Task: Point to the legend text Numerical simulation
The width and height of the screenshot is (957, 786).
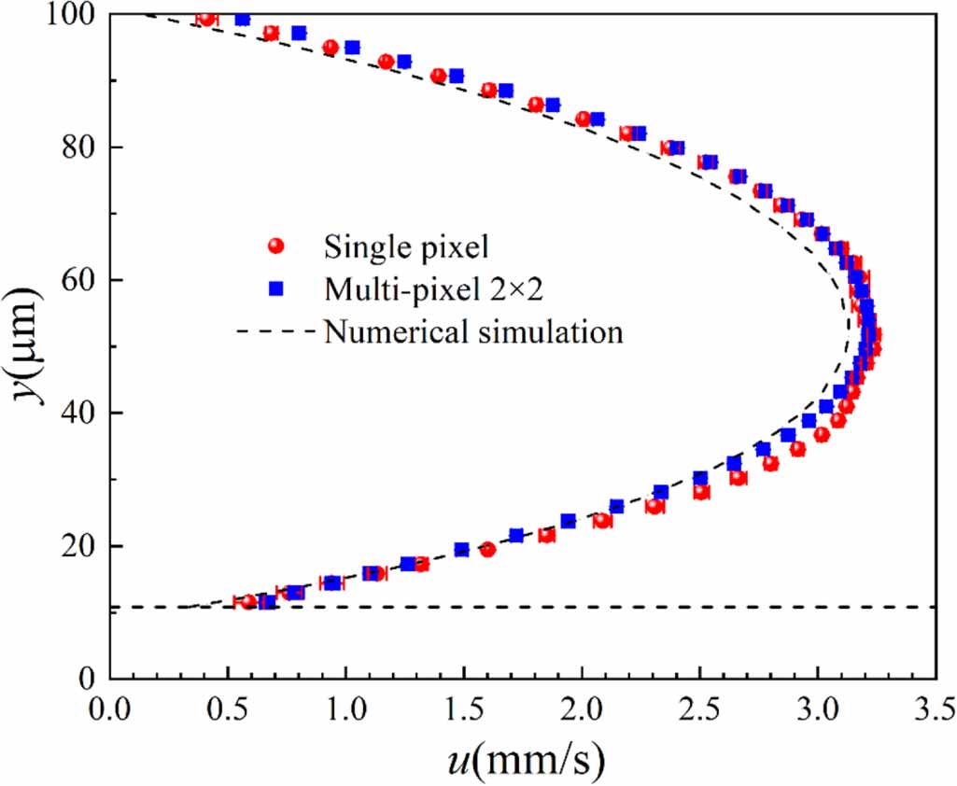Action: (x=472, y=331)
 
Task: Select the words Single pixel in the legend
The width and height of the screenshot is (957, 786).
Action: (x=407, y=246)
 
